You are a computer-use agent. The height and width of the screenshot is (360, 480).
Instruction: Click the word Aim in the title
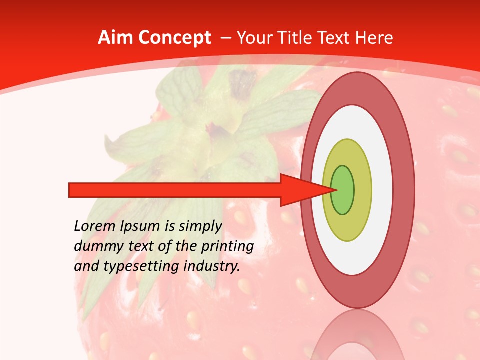coord(116,38)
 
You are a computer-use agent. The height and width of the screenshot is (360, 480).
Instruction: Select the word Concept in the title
coord(174,38)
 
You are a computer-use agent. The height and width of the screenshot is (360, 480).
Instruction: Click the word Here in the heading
coord(375,38)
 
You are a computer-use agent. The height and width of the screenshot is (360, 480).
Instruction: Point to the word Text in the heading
coord(336,38)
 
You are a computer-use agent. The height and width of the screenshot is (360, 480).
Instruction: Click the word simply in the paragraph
coord(200,227)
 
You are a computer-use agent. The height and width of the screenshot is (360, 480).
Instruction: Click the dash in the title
coord(225,38)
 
